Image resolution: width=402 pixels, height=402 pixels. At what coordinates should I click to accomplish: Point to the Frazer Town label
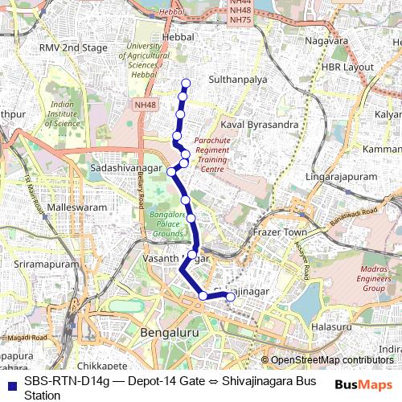(x=281, y=232)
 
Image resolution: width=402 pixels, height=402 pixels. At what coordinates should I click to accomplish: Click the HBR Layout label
(x=348, y=67)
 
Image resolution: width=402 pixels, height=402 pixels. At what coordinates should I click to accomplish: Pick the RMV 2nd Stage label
(x=73, y=48)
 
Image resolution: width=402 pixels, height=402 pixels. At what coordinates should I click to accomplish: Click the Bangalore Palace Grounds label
(x=166, y=225)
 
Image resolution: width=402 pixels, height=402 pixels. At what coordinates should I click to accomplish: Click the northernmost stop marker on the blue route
(x=186, y=82)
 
